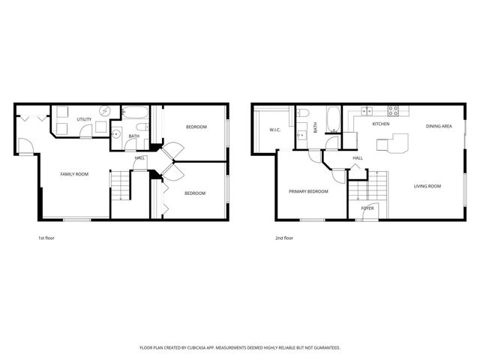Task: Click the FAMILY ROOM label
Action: (74, 174)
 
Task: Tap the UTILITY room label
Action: (84, 119)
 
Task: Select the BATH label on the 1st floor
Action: (133, 136)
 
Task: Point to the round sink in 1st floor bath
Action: (116, 135)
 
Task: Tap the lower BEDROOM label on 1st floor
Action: (195, 193)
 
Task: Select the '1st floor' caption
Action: (46, 238)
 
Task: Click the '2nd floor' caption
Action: (283, 238)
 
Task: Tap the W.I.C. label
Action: (274, 130)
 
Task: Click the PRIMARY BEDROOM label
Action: (308, 191)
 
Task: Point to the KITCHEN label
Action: (381, 124)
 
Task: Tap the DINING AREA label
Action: (439, 127)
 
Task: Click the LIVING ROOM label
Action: (427, 185)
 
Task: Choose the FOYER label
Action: (367, 208)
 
